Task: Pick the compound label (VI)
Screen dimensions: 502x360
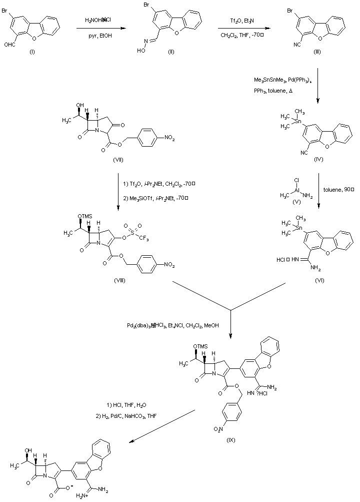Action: coord(319,280)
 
